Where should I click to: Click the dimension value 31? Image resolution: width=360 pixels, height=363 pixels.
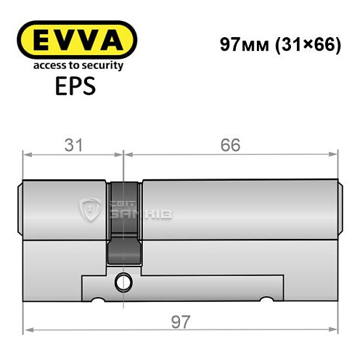tap(71, 145)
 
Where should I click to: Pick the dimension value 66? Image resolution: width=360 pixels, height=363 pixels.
tap(232, 145)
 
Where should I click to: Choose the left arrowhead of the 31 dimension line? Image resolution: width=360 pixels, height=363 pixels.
tap(28, 154)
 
